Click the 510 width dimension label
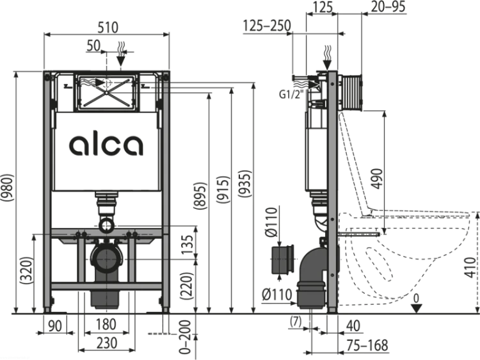coord(108,28)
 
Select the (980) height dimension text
coord(7,188)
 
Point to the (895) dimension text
coord(200,197)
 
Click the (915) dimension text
coord(223,190)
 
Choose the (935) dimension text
coord(245,183)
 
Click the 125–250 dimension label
coord(267,26)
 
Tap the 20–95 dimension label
coord(388,7)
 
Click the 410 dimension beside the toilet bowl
coord(470,267)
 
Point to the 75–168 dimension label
coord(367,345)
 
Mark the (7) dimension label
coord(296,322)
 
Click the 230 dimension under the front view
coord(107,343)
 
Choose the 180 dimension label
coord(106,325)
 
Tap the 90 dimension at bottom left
coord(55,325)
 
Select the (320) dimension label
coord(26,270)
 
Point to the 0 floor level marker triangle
coord(416,307)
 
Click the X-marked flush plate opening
coord(106,92)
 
